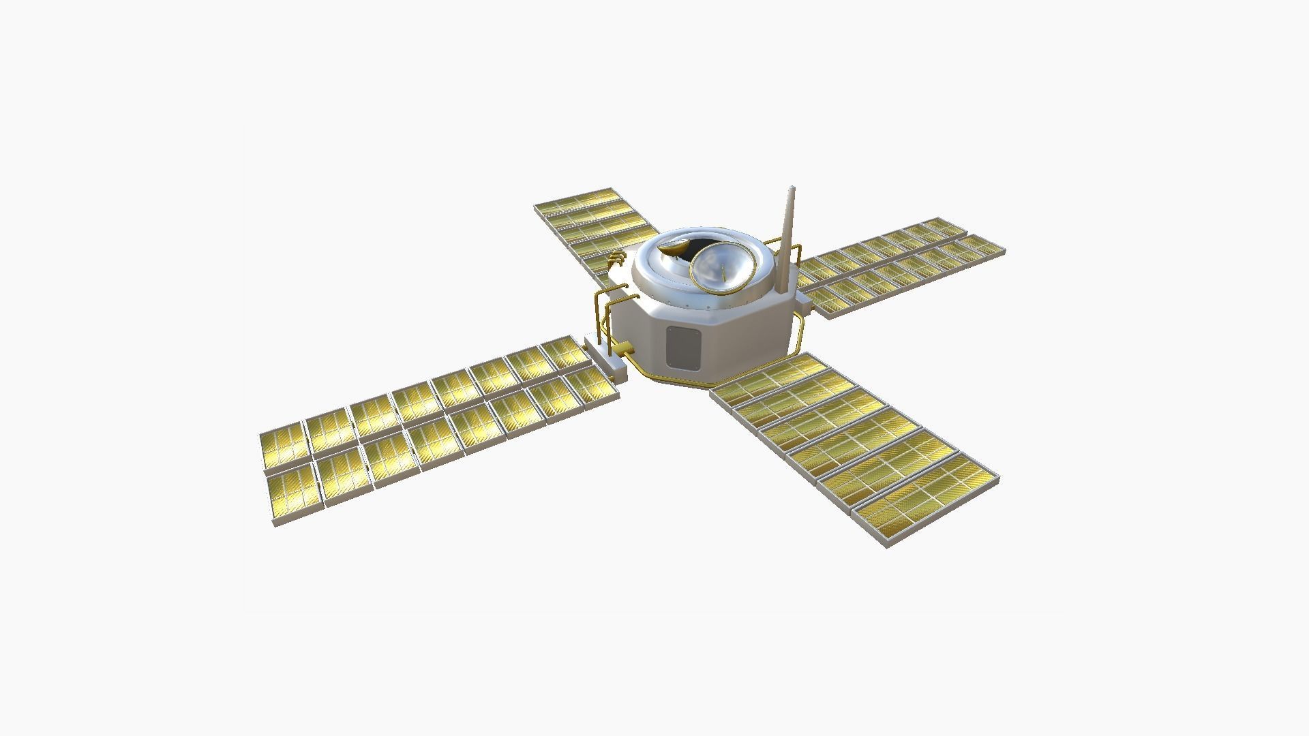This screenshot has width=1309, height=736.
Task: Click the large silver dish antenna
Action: point(723,269)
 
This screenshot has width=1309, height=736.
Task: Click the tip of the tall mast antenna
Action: point(792,188)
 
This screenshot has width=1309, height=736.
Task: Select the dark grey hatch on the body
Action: point(684,349)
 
